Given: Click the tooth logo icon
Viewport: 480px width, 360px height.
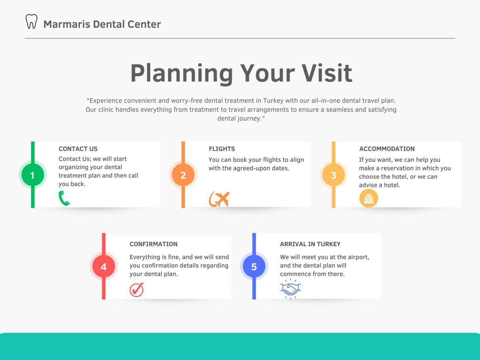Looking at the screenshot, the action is (x=31, y=22).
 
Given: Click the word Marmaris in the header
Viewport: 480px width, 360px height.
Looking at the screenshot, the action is (x=67, y=24).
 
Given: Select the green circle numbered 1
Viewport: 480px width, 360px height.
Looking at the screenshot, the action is (x=33, y=175).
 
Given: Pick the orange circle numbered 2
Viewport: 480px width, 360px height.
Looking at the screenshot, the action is (x=183, y=175).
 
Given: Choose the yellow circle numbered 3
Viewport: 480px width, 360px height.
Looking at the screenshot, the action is (x=334, y=175).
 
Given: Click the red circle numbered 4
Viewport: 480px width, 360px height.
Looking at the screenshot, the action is (x=104, y=266).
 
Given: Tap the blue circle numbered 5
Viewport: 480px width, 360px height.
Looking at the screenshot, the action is (x=254, y=266).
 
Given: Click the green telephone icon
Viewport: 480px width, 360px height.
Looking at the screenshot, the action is (x=64, y=198).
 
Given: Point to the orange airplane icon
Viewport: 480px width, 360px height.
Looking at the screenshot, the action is (x=219, y=199).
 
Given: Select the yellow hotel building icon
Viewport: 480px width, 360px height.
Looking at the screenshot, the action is (x=369, y=198).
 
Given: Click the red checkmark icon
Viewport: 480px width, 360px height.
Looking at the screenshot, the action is (x=137, y=289).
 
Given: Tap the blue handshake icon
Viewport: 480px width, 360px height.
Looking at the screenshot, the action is (x=290, y=289).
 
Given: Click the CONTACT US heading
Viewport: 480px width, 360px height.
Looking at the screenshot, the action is (x=78, y=149).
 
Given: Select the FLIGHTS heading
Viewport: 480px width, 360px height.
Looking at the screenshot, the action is (x=222, y=149).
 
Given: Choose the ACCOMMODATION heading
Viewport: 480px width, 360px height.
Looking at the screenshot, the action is (x=387, y=149).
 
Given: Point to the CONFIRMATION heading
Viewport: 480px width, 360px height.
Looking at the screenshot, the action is (x=154, y=244).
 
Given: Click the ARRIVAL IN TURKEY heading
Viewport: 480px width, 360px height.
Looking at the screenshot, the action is (x=310, y=244).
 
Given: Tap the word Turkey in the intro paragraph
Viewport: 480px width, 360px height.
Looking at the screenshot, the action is (x=273, y=101).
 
